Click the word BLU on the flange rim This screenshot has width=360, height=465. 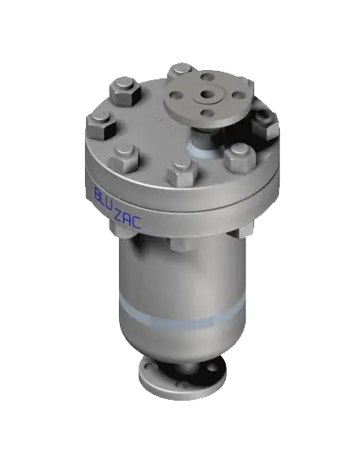click(x=104, y=196)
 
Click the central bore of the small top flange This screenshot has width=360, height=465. click(x=208, y=94)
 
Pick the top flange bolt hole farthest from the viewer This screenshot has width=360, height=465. click(x=207, y=77)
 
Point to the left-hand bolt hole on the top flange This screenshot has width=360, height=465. click(x=175, y=94)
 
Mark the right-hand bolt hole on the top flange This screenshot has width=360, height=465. click(x=239, y=95)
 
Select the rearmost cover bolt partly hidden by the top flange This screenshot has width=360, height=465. click(x=181, y=71)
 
